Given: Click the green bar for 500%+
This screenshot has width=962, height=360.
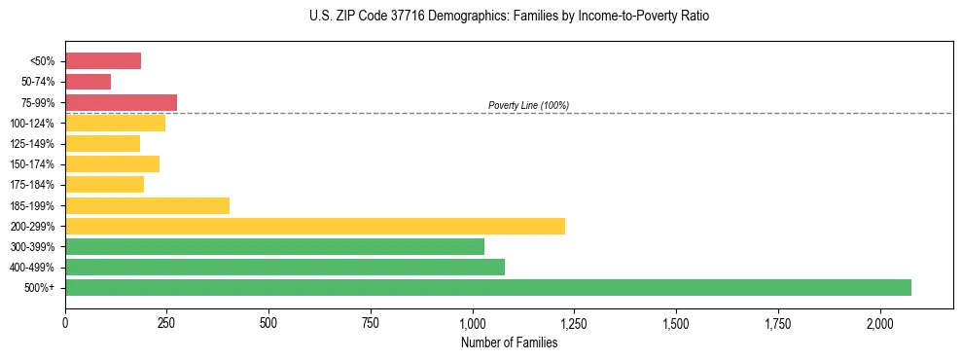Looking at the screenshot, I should point(487,288).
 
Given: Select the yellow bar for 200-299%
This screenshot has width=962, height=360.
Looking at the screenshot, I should point(314,226).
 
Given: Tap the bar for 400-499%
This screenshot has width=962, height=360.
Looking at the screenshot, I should point(284,267).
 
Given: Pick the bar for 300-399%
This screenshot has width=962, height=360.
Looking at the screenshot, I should point(274,247).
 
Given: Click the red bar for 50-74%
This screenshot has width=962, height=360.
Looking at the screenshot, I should point(88,82).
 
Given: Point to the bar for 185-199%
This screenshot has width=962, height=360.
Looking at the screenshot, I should point(147,205).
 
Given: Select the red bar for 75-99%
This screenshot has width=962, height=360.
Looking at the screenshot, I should point(121,102).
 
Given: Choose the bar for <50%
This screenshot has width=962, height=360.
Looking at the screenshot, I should point(103,61).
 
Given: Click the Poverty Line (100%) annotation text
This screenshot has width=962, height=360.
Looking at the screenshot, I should point(528,105).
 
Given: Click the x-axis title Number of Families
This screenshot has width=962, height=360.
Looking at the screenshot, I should point(510,342).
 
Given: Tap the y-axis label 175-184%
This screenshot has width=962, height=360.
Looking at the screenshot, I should point(32,185).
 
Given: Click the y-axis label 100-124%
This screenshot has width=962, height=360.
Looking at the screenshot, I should point(32,124).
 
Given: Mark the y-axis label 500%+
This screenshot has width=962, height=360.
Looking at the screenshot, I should point(40,288).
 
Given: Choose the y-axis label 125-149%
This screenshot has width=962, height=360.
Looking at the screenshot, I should point(32,144).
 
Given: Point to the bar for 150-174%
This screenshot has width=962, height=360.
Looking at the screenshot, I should point(112,164).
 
